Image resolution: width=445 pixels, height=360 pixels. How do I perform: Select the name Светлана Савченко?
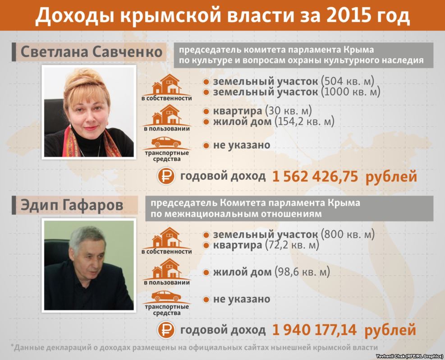pyautogui.click(x=92, y=52)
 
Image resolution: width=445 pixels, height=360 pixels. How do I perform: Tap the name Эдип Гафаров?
pyautogui.click(x=72, y=205)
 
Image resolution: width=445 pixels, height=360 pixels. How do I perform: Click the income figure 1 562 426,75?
pyautogui.click(x=315, y=177)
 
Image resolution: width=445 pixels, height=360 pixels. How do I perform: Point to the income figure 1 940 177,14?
pyautogui.click(x=315, y=330)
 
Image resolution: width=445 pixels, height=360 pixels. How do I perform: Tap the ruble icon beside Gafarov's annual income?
pyautogui.click(x=166, y=330)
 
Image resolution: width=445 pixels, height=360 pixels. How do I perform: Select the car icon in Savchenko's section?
pyautogui.click(x=166, y=143)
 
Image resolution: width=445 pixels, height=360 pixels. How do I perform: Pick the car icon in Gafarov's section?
pyautogui.click(x=166, y=297)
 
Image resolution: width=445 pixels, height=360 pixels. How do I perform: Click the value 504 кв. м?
pyautogui.click(x=348, y=82)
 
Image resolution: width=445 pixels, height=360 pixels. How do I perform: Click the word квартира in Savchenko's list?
pyautogui.click(x=237, y=111)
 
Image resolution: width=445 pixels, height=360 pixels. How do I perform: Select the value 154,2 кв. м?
pyautogui.click(x=304, y=122)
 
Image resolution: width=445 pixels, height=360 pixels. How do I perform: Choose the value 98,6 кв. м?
pyautogui.click(x=302, y=272)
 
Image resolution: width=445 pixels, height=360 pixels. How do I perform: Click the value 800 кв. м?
pyautogui.click(x=348, y=234)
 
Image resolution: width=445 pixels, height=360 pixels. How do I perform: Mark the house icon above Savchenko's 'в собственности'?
pyautogui.click(x=166, y=85)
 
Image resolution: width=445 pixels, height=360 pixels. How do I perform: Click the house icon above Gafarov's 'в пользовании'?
pyautogui.click(x=166, y=269)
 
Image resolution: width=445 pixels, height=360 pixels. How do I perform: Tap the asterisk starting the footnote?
pyautogui.click(x=12, y=346)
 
